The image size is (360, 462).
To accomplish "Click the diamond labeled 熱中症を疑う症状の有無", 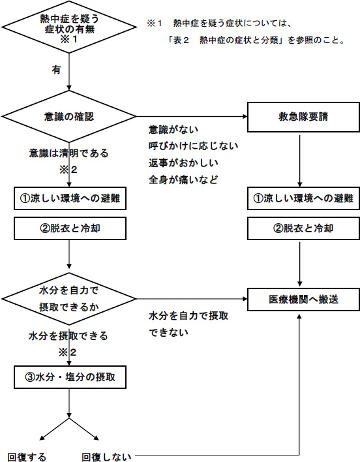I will [x=69, y=27].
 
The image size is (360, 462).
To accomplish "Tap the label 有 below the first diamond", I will [x=56, y=69].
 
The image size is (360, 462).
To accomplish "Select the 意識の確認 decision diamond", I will [x=69, y=117].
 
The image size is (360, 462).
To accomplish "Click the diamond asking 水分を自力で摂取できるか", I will [x=69, y=299].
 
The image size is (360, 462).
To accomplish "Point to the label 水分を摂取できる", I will [x=68, y=337].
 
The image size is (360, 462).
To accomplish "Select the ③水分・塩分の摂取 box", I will [x=69, y=377].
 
